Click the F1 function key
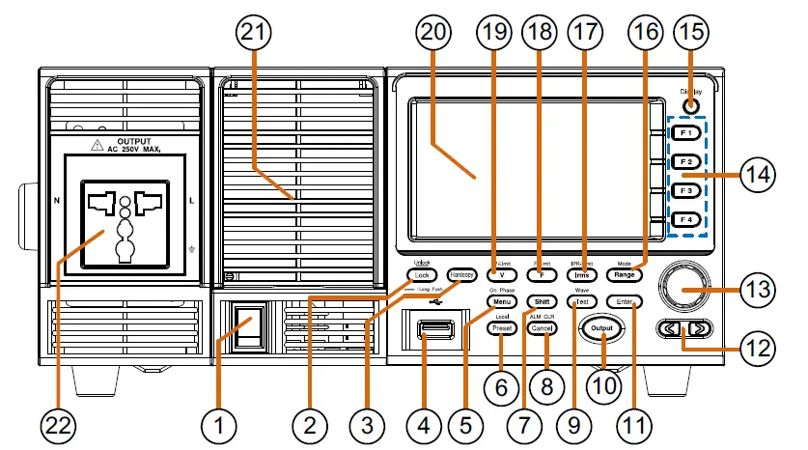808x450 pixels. pyautogui.click(x=686, y=130)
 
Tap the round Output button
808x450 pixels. pyautogui.click(x=602, y=329)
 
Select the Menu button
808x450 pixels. pyautogui.click(x=501, y=303)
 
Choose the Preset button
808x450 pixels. pyautogui.click(x=501, y=329)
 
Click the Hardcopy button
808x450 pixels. pyautogui.click(x=460, y=274)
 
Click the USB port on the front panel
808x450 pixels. pyautogui.click(x=433, y=333)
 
